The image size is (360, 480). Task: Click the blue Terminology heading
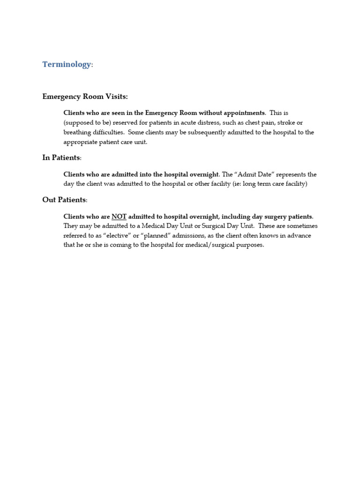coord(67,65)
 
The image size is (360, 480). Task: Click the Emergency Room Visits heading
coord(85,97)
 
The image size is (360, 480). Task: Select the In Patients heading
coord(61,158)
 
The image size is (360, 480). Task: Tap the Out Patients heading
coord(64,200)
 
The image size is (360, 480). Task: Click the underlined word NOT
coord(119,217)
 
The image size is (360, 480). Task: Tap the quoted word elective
coord(114,235)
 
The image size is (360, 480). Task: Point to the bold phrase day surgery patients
coord(280,217)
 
